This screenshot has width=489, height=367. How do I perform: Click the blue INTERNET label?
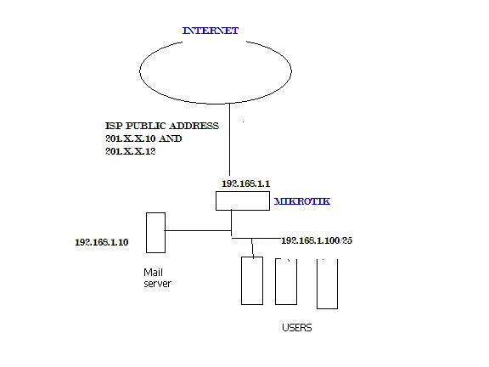[x=211, y=31]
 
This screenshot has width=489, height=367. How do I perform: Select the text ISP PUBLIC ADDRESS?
[x=161, y=126]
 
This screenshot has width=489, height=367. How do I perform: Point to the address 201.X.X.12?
[x=132, y=151]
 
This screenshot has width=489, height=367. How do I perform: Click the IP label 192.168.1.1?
[x=244, y=183]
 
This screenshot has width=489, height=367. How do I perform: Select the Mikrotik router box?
[x=243, y=200]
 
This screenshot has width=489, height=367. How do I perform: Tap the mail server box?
[x=155, y=232]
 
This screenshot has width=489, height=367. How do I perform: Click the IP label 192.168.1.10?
[x=101, y=242]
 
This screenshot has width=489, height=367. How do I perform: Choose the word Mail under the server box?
[x=151, y=273]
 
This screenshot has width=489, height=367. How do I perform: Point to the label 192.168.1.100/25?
[x=316, y=240]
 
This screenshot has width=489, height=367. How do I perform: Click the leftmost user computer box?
[x=252, y=279]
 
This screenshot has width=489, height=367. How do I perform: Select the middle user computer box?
[x=286, y=280]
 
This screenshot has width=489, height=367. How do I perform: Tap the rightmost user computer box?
[x=327, y=283]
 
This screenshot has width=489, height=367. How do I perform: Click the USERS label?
[x=297, y=327]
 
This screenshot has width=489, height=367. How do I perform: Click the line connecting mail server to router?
[x=197, y=229]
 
